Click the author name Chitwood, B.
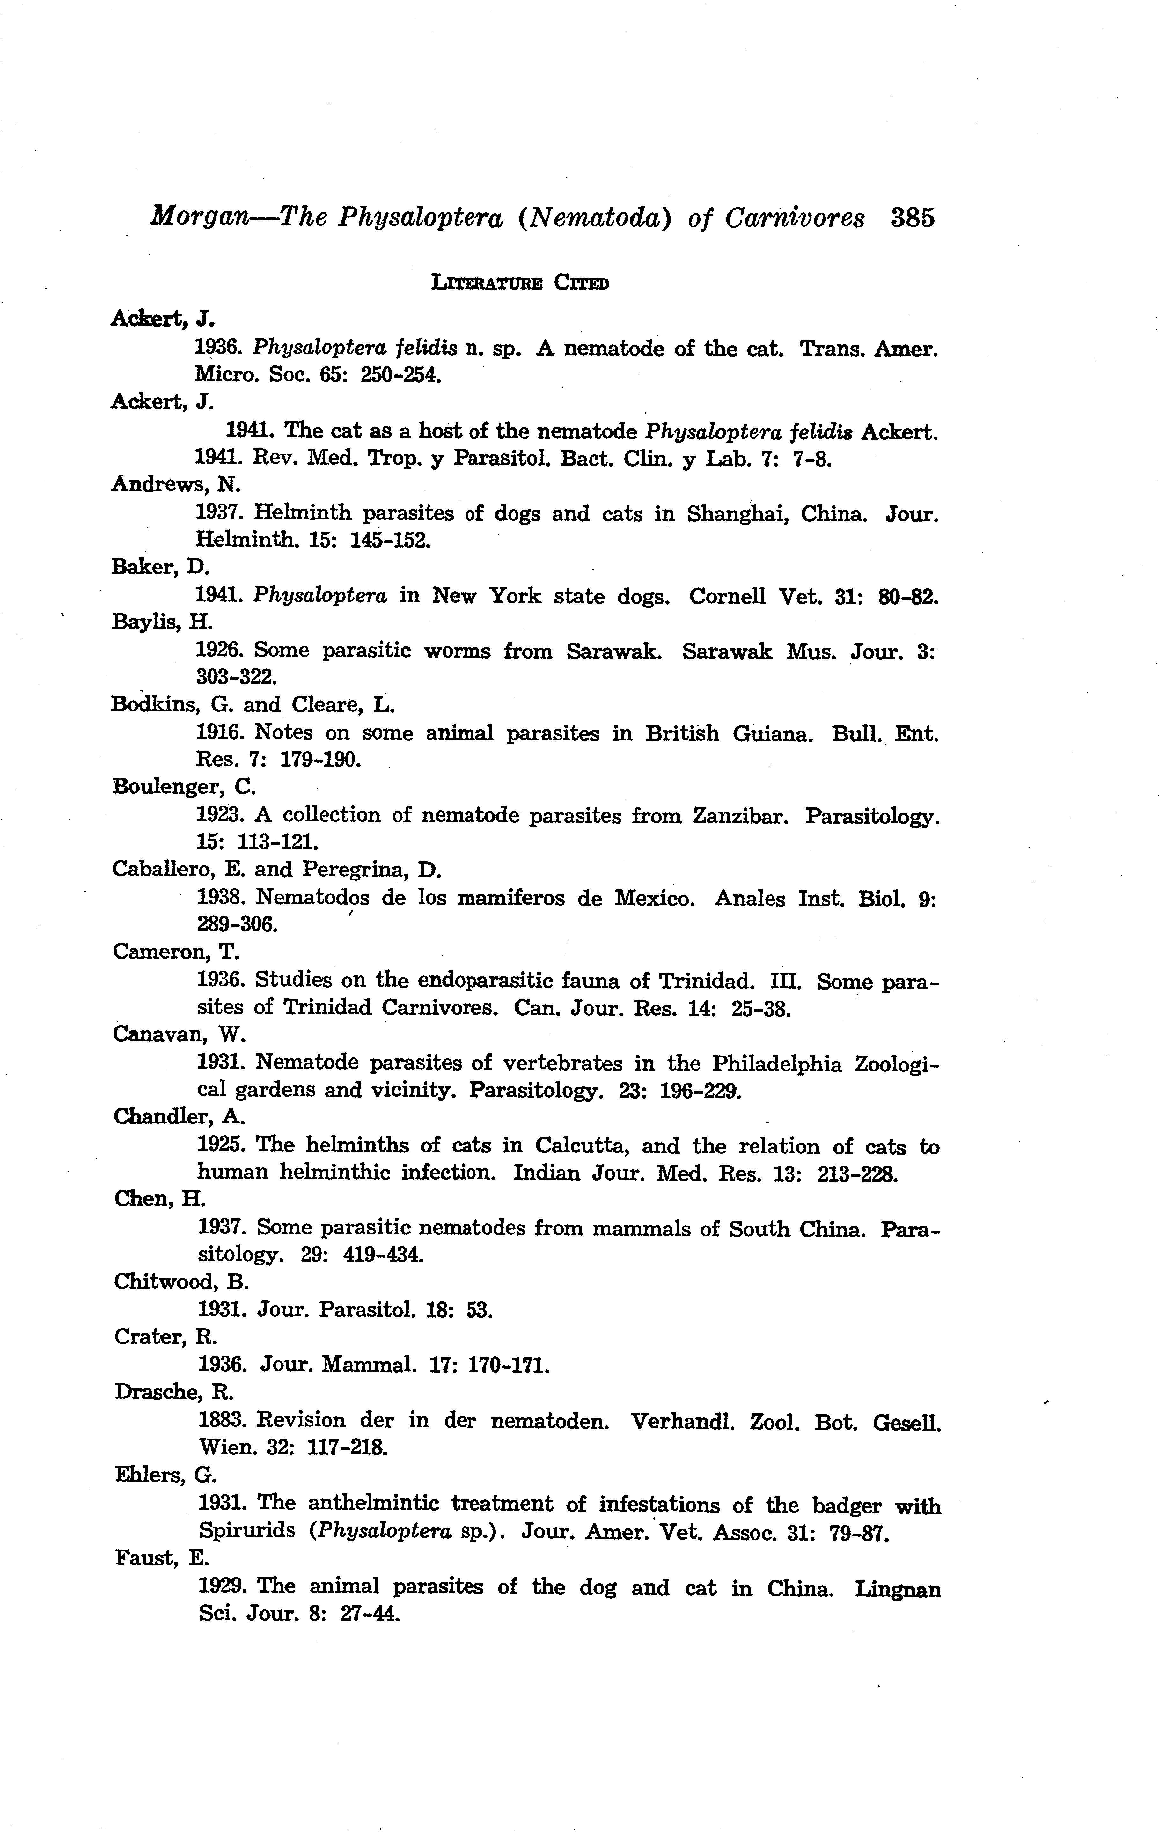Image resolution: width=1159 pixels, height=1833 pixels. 182,1282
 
